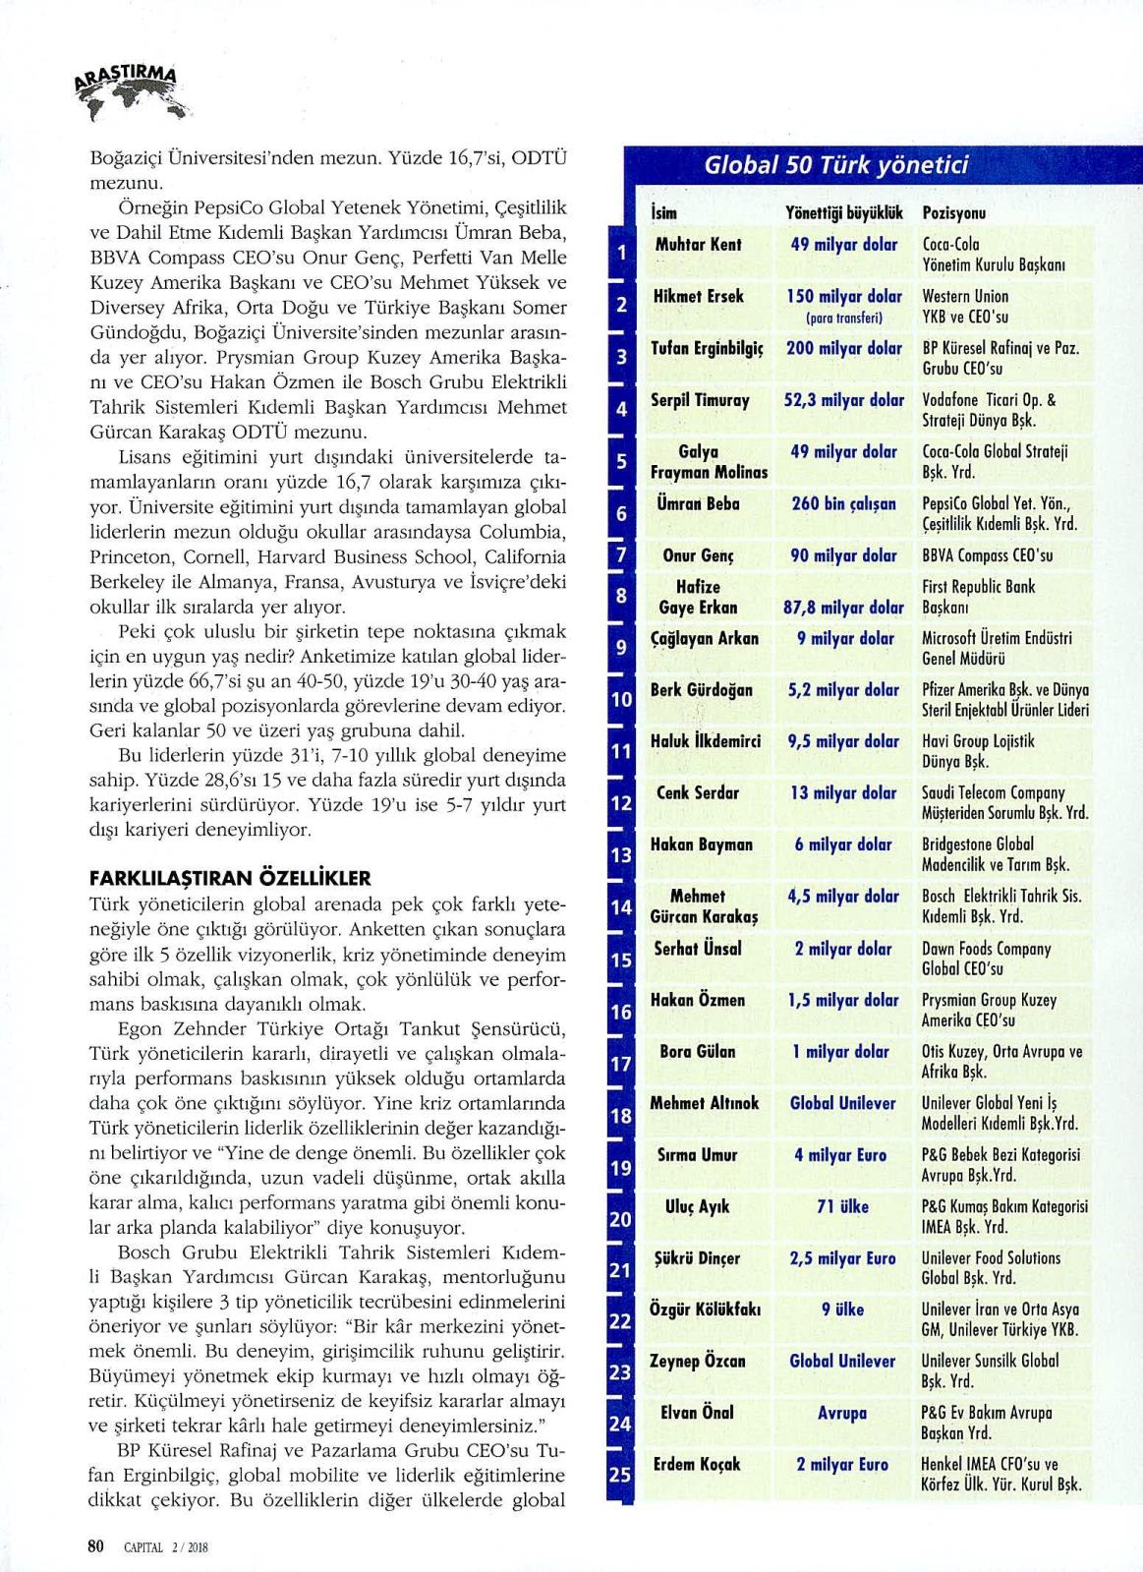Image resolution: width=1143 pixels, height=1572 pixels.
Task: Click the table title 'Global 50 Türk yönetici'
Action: pos(835,164)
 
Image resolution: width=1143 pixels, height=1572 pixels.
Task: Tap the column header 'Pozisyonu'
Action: pos(954,212)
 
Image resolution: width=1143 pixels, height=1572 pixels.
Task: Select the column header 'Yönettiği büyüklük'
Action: pos(843,212)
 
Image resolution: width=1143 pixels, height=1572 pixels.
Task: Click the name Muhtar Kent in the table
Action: pos(698,245)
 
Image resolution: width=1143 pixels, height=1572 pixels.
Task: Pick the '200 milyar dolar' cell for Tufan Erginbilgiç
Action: pos(843,348)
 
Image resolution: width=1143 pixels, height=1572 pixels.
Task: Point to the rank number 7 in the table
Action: pos(621,556)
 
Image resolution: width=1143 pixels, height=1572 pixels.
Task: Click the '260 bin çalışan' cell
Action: pos(843,503)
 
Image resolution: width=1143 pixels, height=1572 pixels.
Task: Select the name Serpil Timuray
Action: pos(700,400)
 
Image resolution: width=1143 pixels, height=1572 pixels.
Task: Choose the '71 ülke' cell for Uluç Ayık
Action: pos(842,1206)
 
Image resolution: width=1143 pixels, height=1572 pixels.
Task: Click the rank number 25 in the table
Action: pos(620,1475)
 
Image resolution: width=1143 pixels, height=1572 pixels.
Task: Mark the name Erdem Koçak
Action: pos(697,1464)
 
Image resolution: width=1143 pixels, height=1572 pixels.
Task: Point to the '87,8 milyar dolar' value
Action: pos(843,608)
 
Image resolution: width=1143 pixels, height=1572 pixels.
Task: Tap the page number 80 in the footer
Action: pos(96,1545)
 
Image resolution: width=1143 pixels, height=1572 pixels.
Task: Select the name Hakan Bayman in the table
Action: pos(701,844)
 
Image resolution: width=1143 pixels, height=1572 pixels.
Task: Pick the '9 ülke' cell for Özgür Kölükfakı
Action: pos(842,1310)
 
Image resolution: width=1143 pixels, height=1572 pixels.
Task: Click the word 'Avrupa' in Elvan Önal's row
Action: pos(842,1413)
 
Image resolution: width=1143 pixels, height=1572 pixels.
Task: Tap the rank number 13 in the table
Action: pos(620,855)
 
